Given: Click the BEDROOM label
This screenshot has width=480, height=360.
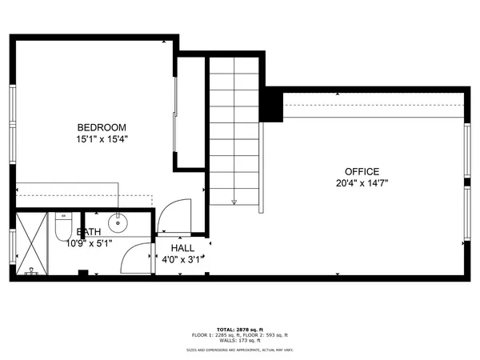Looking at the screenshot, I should click(x=101, y=127).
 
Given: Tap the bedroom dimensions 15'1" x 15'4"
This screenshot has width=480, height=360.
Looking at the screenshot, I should click(x=101, y=139).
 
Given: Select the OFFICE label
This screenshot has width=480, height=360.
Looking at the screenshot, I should click(x=361, y=171).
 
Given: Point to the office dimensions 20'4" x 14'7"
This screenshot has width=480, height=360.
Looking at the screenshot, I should click(x=361, y=183).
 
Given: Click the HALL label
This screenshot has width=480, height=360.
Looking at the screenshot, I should click(x=182, y=248).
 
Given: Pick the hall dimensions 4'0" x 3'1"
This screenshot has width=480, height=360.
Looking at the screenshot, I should click(x=184, y=259).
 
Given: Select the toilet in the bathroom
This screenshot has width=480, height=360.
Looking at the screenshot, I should click(x=64, y=226).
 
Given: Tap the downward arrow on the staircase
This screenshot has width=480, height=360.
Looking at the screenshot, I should click(x=234, y=201).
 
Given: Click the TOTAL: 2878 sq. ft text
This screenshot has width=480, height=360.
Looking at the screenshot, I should click(x=239, y=328).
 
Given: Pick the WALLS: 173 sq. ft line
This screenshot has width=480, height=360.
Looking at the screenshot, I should click(x=239, y=341).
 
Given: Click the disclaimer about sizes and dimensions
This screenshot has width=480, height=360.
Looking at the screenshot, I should click(x=239, y=350).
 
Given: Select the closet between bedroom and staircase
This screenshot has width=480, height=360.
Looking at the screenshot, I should click(x=192, y=112).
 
